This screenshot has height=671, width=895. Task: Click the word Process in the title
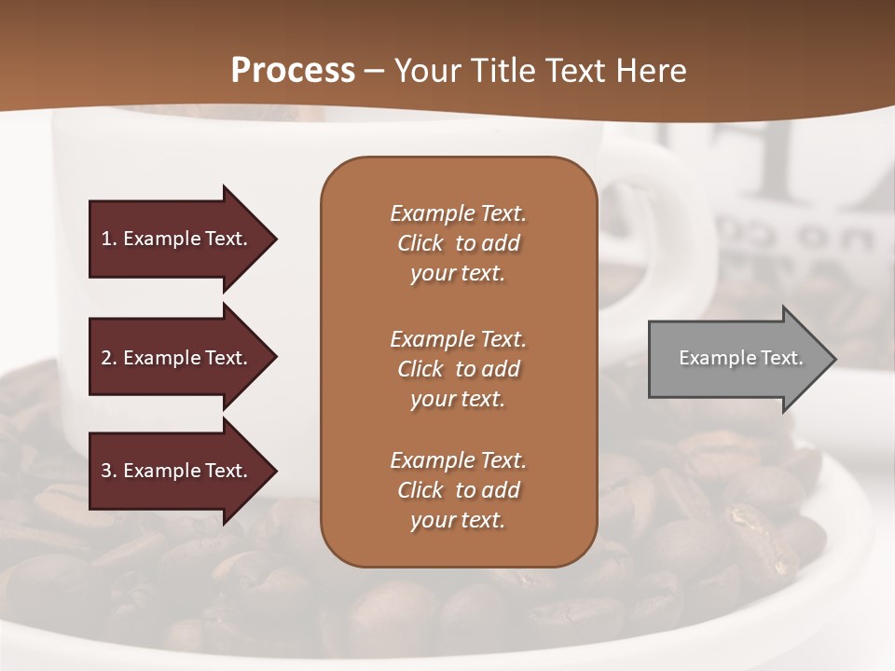point(293,71)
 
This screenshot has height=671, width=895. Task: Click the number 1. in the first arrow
point(109,239)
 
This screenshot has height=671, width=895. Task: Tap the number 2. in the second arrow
point(109,358)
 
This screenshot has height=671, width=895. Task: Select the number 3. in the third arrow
point(109,471)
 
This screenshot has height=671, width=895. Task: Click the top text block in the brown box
point(458,243)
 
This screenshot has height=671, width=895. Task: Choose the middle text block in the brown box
point(458,369)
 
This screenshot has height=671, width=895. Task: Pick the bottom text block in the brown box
point(458,490)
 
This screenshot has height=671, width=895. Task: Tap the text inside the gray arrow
point(740,358)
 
